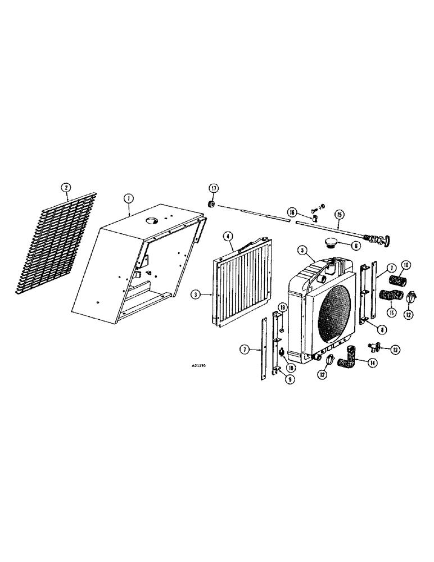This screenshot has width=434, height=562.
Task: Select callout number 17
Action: (214, 188)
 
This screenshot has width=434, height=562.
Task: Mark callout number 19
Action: (283, 307)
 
